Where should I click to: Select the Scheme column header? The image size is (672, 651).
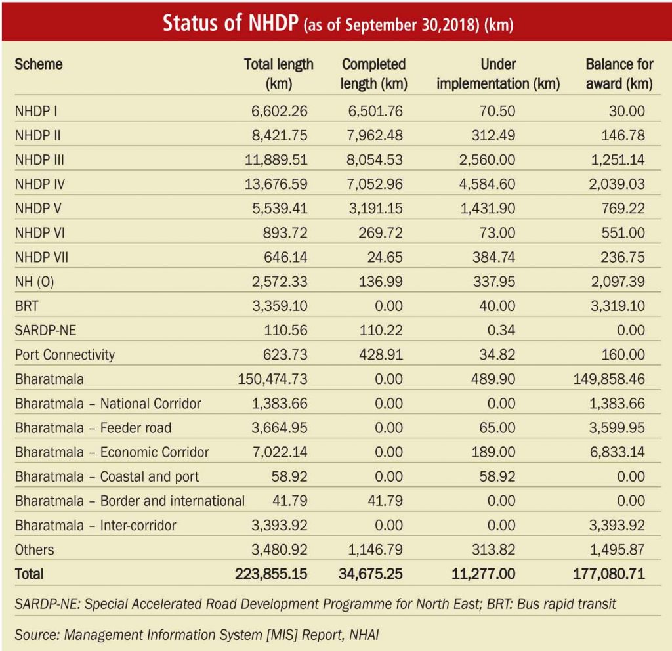pos(39,64)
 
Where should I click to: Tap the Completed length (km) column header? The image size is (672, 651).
pos(374,74)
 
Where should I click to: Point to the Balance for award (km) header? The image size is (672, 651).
pos(619,74)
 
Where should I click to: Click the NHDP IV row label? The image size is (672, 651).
pos(40,184)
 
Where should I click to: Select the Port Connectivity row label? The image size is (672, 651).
pos(65,354)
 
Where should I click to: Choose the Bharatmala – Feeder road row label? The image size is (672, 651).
pos(93,428)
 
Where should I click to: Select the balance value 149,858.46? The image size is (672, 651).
pos(608,379)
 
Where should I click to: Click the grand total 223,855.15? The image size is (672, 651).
pos(271,574)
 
